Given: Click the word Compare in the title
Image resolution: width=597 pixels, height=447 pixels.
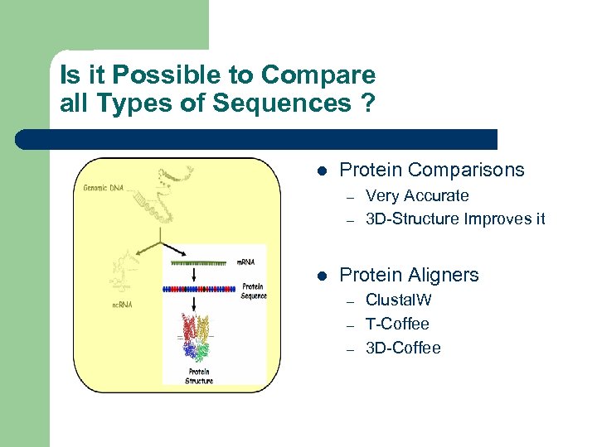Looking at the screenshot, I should (318, 75).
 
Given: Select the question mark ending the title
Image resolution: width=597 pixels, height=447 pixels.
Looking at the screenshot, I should (365, 103).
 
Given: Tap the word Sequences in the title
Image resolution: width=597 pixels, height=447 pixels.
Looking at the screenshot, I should (281, 103).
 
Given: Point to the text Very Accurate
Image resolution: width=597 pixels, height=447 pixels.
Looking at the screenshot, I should (417, 196).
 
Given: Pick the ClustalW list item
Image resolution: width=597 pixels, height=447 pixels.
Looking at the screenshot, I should (399, 300).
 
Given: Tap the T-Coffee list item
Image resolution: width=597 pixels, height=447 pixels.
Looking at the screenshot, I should (397, 324).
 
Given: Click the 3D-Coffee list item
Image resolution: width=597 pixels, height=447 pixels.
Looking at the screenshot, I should (403, 348).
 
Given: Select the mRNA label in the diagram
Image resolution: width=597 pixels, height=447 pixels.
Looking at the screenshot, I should (246, 262).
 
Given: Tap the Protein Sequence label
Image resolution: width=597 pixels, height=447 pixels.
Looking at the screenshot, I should (252, 291).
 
